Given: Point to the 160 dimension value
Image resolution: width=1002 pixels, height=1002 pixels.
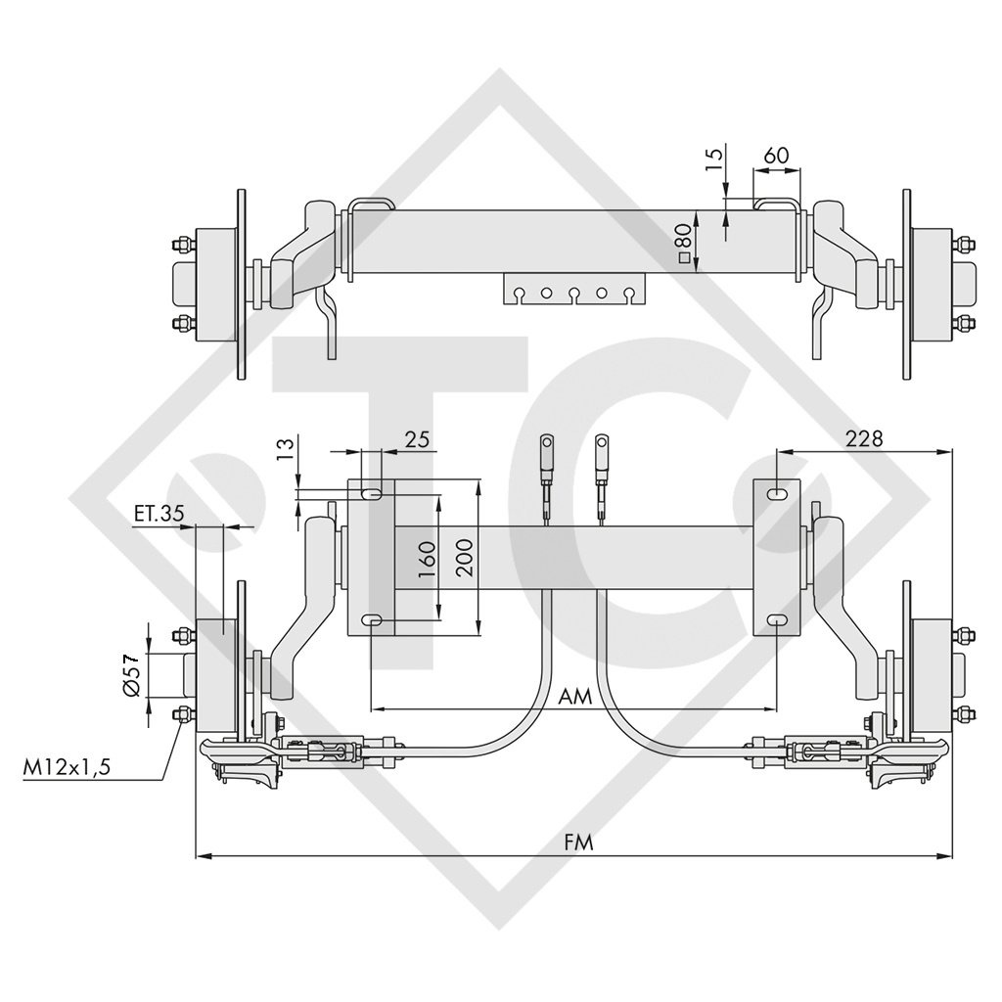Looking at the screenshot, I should click(427, 558).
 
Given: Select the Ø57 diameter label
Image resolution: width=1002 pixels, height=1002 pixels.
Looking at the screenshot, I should click(134, 675).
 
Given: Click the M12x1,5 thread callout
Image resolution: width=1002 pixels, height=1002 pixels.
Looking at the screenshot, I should click(68, 767).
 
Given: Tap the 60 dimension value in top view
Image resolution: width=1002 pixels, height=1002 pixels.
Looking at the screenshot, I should click(776, 156).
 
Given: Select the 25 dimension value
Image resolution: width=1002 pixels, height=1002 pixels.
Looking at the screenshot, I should click(418, 439).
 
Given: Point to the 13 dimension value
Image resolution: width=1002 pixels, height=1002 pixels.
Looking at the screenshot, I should click(285, 448).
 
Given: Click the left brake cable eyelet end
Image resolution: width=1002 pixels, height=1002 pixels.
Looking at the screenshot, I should click(546, 453).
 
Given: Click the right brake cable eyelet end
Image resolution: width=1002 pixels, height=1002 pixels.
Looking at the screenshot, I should click(604, 453).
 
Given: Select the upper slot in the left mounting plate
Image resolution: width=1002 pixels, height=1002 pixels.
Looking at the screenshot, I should click(372, 495).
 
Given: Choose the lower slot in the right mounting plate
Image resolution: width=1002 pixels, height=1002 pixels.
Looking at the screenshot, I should click(776, 620).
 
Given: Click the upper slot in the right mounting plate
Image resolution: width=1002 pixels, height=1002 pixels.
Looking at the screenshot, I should click(776, 495).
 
